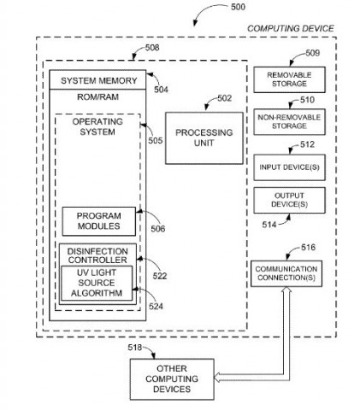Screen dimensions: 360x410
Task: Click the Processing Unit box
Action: click(204, 138)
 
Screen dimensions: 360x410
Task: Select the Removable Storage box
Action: click(289, 79)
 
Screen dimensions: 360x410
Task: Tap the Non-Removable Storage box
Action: click(289, 122)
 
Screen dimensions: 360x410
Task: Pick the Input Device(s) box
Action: click(289, 167)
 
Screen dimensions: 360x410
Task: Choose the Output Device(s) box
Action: click(289, 200)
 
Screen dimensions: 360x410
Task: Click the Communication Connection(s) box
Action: click(286, 273)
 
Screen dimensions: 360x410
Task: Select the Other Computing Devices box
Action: click(172, 379)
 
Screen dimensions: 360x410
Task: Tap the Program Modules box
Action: click(99, 221)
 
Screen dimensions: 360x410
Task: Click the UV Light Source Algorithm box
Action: click(97, 283)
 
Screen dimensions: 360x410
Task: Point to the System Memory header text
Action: click(99, 81)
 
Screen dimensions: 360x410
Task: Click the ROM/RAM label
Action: click(97, 97)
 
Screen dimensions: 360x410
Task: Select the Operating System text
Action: click(97, 126)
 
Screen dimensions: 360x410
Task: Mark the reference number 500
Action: click(238, 7)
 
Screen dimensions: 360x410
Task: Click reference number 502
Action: click(225, 98)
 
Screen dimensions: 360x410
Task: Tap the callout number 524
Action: click(156, 307)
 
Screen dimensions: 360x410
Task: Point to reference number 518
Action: click(135, 348)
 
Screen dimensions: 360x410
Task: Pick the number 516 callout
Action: click(308, 247)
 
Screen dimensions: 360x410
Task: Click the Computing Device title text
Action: click(291, 28)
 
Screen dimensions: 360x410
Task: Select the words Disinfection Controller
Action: click(97, 255)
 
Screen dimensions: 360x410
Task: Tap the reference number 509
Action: click(313, 53)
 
